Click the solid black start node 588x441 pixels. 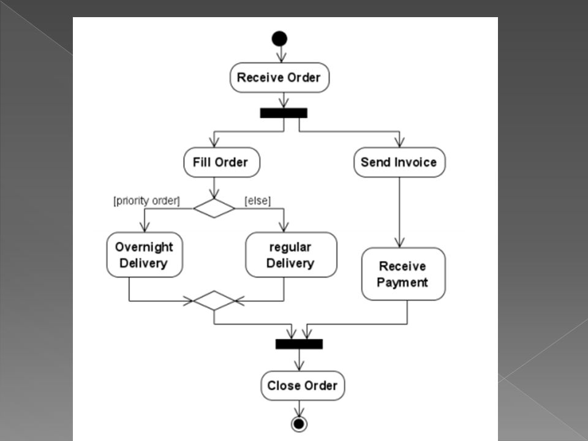tap(279, 39)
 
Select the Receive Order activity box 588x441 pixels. tap(280, 78)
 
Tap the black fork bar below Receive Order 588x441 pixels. tap(284, 113)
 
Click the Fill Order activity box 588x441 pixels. tap(222, 162)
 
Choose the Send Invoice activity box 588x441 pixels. tap(399, 162)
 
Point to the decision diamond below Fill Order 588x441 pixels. tap(214, 208)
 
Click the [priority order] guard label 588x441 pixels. tap(146, 201)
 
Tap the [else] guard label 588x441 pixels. tap(258, 201)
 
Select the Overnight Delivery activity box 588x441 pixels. tap(145, 255)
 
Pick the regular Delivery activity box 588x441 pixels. tap(291, 255)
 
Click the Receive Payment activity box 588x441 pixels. tap(404, 274)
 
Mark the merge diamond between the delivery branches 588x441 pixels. tap(214, 300)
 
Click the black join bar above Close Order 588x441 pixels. tap(299, 344)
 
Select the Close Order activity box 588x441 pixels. tap(303, 385)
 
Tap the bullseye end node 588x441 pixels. tap(299, 424)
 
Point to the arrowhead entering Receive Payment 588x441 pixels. tap(399, 243)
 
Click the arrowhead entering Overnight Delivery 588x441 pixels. tap(145, 227)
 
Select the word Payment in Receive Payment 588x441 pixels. tap(402, 282)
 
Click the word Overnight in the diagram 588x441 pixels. tap(144, 247)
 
